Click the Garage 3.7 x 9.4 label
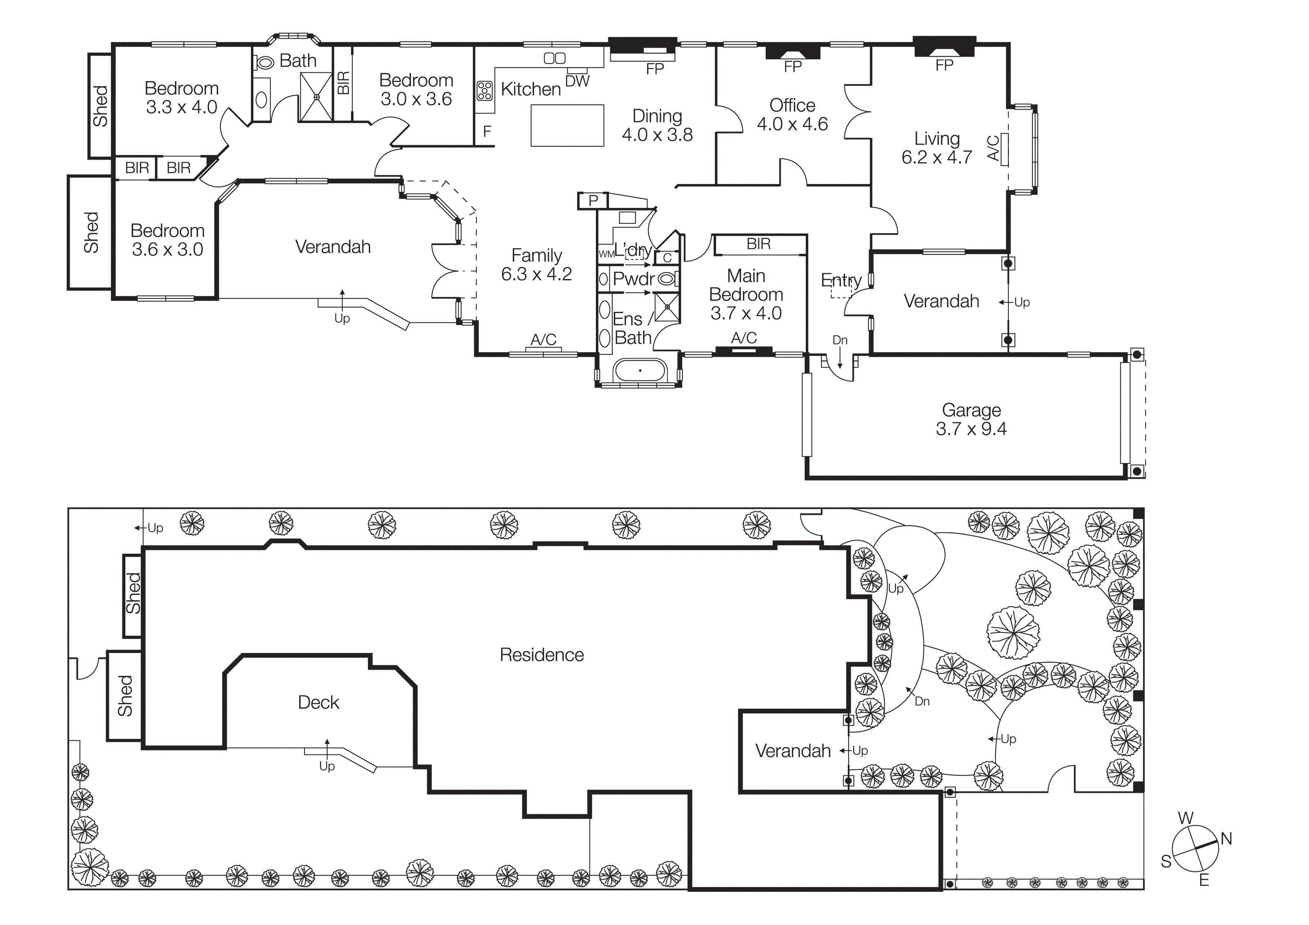tap(971, 419)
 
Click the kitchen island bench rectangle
tap(567, 125)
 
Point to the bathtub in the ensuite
tap(639, 371)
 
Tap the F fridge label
tap(487, 132)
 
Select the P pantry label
tap(593, 201)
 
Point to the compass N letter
tap(1226, 839)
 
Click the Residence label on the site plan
tap(541, 655)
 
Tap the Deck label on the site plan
tap(318, 702)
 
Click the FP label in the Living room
tap(944, 66)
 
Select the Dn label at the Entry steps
tap(840, 340)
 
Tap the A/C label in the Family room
tap(543, 340)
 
